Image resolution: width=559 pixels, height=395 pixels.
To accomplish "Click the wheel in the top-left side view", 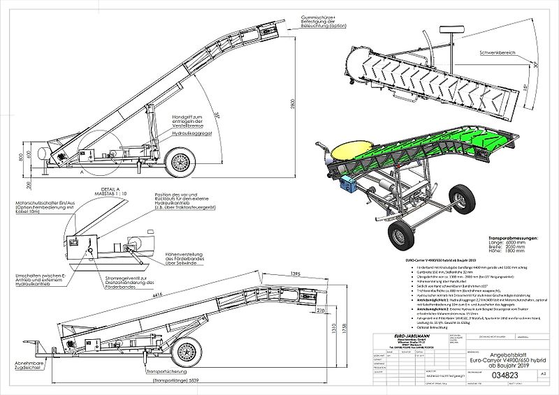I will (180, 163).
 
